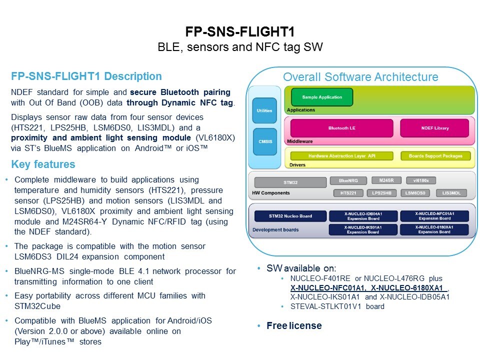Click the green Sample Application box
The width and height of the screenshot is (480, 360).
point(322,97)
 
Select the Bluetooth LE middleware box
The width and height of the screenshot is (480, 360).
point(341,128)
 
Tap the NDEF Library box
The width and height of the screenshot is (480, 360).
point(434,128)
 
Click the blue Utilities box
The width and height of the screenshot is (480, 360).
point(264,110)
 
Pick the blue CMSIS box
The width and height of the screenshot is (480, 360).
point(264,141)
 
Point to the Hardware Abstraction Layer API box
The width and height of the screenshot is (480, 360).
point(341,156)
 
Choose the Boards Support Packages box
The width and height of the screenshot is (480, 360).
point(435,156)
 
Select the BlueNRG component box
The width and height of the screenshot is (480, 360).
point(349,180)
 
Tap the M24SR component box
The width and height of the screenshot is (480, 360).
point(385,180)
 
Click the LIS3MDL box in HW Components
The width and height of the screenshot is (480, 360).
point(451,193)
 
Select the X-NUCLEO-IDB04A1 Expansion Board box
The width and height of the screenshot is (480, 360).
point(363,216)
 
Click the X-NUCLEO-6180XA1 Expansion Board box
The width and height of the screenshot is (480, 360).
point(434,229)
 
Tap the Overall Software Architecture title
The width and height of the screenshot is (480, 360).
point(360,77)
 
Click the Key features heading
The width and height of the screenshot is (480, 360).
point(43,164)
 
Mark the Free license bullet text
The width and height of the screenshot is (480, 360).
point(294,325)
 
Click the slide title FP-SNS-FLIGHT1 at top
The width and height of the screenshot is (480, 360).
point(240,32)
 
